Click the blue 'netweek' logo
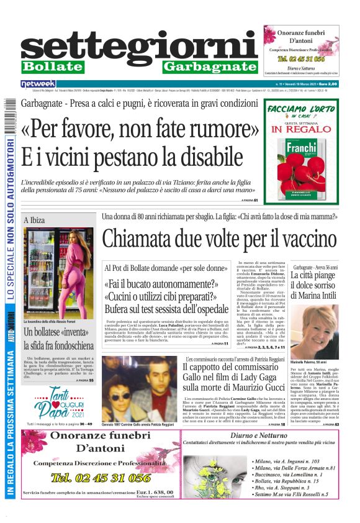(x=38, y=84)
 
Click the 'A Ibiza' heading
(x=35, y=221)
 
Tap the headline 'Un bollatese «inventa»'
(x=58, y=332)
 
